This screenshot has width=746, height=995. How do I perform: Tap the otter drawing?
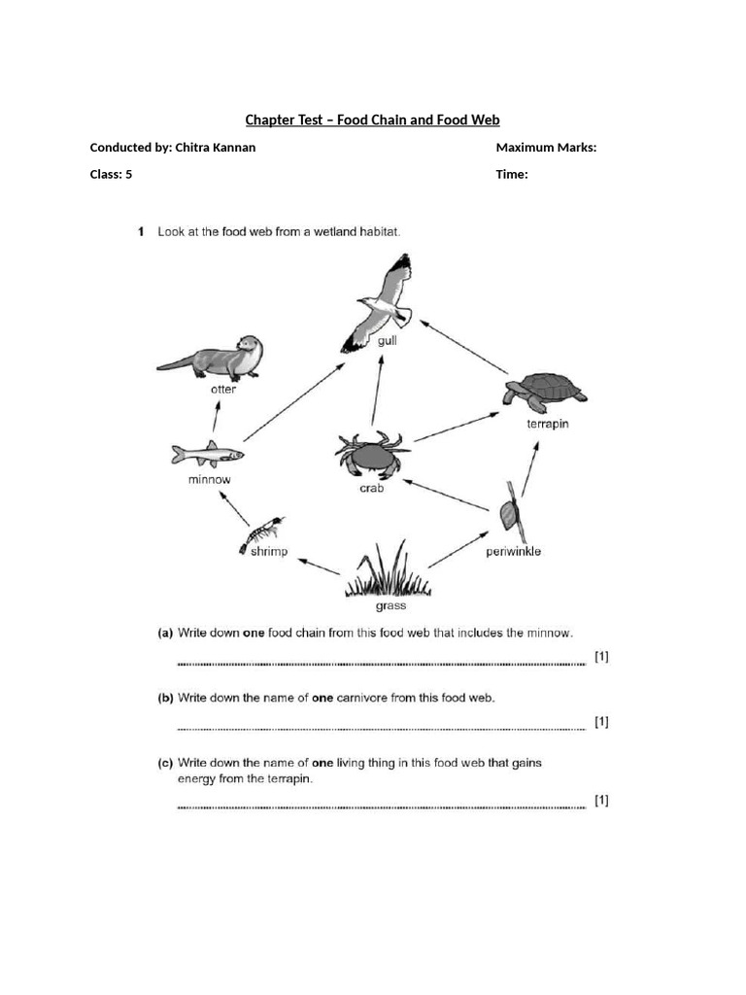214,360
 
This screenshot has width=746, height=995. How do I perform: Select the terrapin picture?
545,392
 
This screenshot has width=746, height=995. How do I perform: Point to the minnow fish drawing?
206,454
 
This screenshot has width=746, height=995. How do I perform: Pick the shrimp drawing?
261,534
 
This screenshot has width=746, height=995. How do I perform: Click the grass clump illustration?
389,573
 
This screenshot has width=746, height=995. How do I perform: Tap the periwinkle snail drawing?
511,510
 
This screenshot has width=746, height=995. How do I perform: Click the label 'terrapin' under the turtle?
549,425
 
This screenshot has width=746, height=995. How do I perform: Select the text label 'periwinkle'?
513,552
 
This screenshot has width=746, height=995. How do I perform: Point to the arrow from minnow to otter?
216,419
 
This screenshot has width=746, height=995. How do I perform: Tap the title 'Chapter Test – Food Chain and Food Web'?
372,120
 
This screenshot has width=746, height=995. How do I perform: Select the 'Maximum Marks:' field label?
546,148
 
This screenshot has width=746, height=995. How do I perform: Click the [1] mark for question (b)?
601,721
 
